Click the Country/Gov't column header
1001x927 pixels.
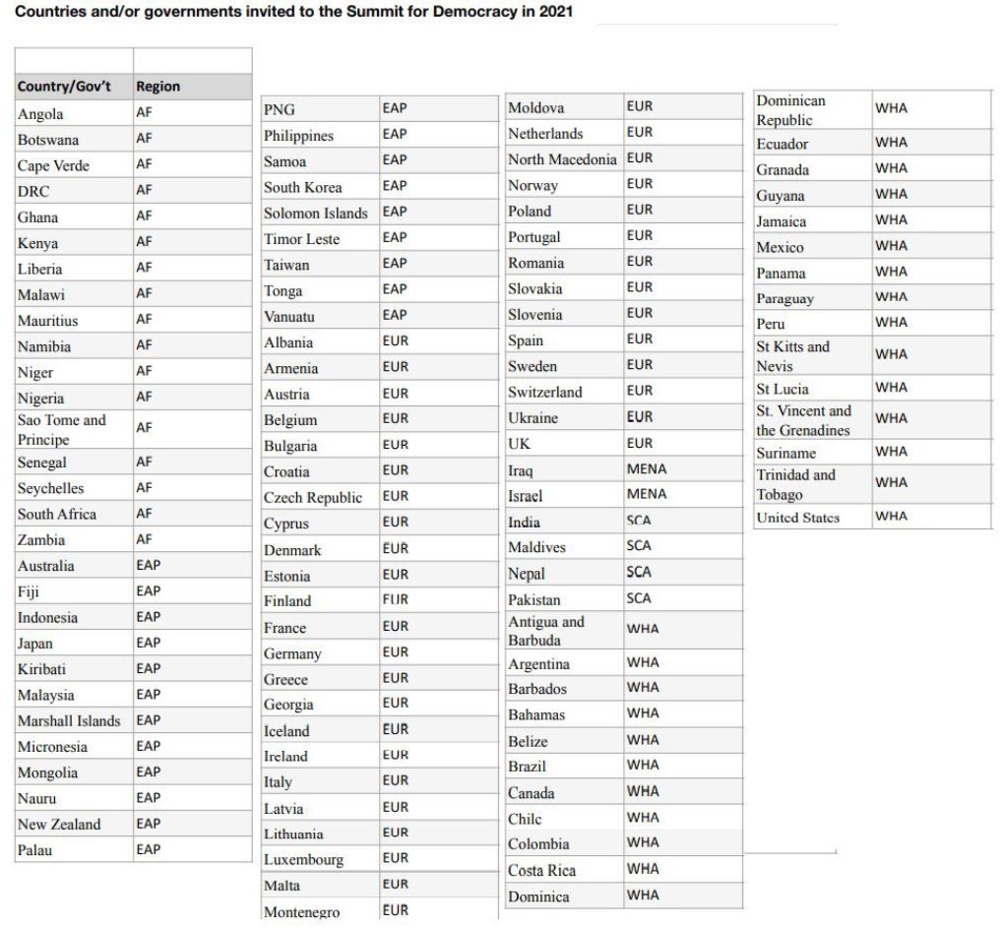tap(64, 87)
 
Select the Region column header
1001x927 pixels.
tap(158, 87)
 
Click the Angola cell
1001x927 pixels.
tap(40, 114)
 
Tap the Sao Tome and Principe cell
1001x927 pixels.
tap(61, 429)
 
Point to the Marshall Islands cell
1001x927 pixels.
tap(69, 721)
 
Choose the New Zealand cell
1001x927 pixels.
tap(59, 825)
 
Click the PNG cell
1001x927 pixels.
tap(280, 109)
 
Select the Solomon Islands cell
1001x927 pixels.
tap(315, 214)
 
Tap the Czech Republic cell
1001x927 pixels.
tap(313, 498)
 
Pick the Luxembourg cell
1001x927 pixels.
tap(303, 860)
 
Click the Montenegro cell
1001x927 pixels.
tap(302, 912)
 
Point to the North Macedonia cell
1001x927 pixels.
tap(562, 159)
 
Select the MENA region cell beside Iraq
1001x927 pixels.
tap(647, 469)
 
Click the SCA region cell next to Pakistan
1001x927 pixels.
tap(639, 598)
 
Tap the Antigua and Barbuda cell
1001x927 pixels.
tap(546, 631)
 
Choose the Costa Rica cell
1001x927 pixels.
tap(542, 871)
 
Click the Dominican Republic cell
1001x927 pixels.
tap(791, 110)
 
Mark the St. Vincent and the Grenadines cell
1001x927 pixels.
tap(803, 420)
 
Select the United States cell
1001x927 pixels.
tap(797, 518)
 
